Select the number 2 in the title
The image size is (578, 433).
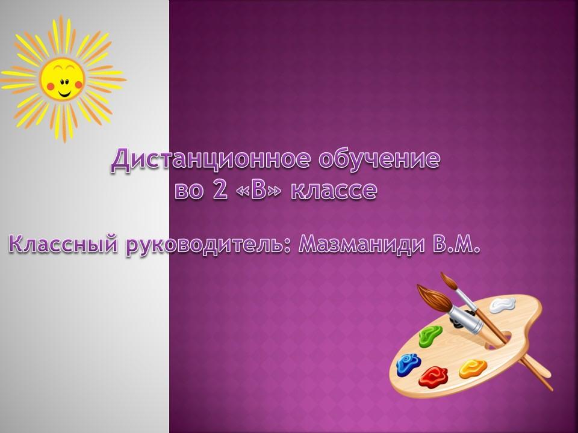pyautogui.click(x=220, y=190)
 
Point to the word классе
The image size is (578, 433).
pyautogui.click(x=334, y=191)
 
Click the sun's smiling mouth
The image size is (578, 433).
pyautogui.click(x=65, y=93)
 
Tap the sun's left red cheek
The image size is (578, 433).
pyautogui.click(x=51, y=87)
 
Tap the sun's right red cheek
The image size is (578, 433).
pyautogui.click(x=78, y=85)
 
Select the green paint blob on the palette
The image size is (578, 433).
pyautogui.click(x=430, y=336)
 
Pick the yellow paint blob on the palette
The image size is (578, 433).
pyautogui.click(x=473, y=369)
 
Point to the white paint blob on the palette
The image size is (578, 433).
pyautogui.click(x=502, y=305)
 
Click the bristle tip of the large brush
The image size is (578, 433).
pyautogui.click(x=418, y=287)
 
